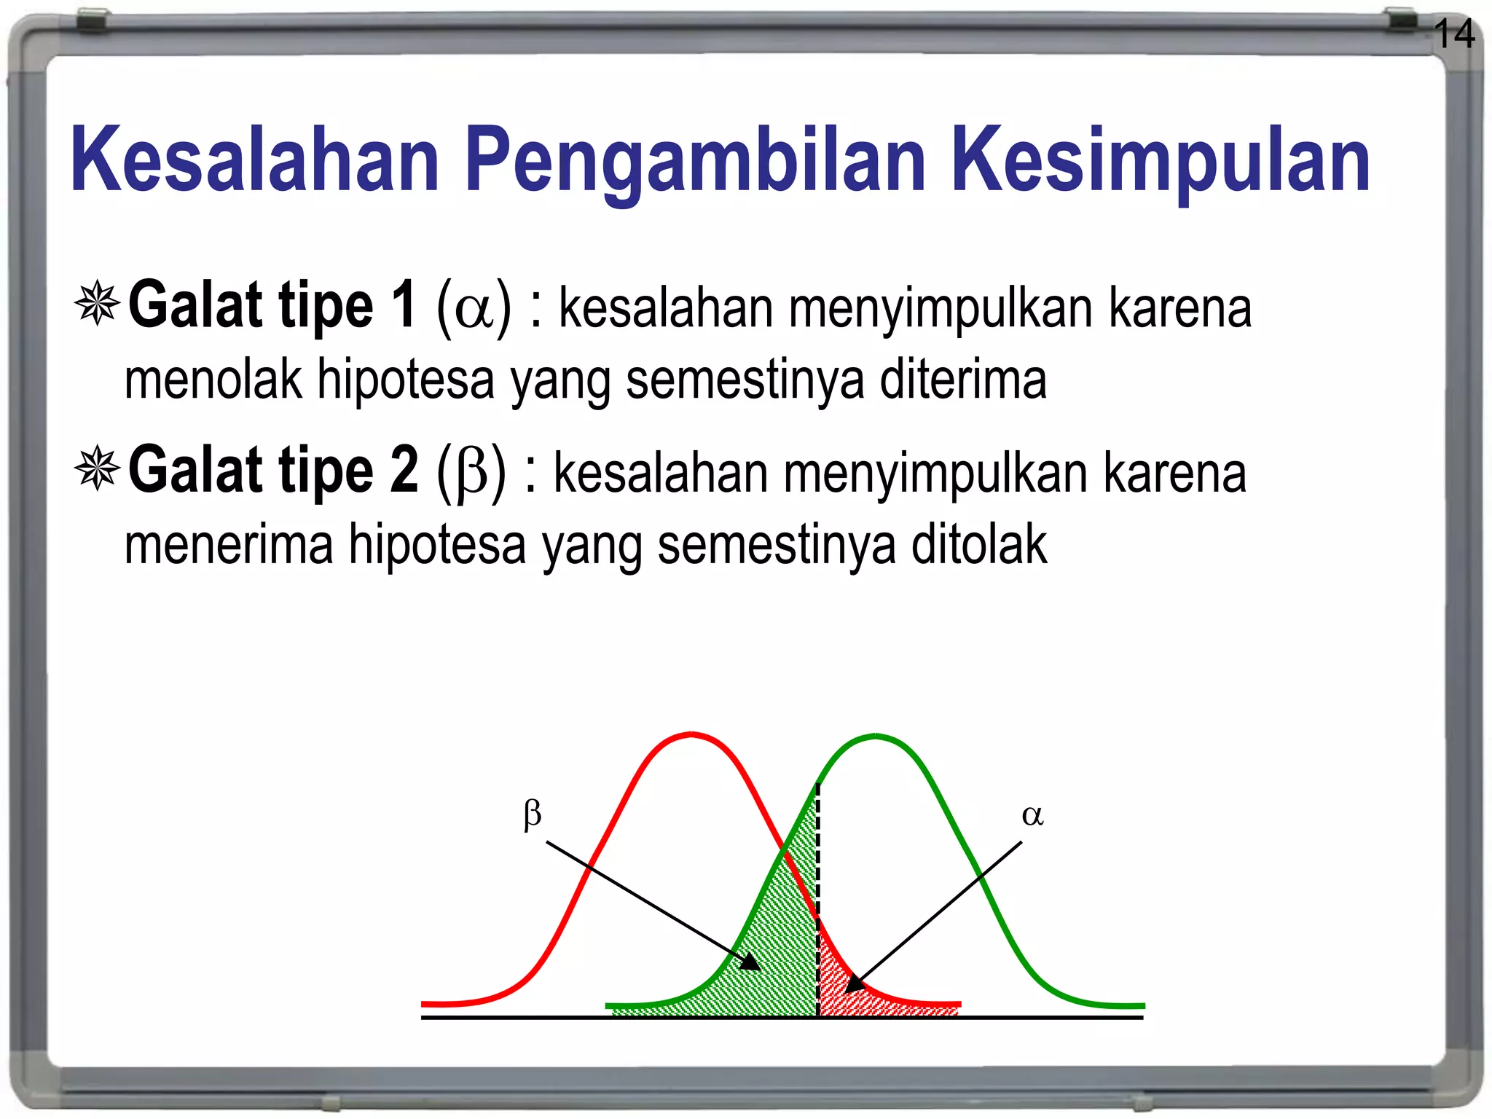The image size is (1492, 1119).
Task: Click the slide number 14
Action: (1454, 34)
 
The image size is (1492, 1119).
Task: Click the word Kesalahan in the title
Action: (255, 160)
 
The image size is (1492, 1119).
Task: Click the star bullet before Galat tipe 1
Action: (97, 304)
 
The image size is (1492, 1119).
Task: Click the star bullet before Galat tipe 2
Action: (97, 468)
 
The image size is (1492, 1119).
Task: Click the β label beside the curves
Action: (533, 814)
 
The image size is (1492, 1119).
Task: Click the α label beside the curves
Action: (1032, 815)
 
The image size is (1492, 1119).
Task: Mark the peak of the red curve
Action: (691, 734)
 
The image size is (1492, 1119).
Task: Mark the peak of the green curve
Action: (876, 737)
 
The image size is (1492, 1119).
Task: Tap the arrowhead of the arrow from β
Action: (752, 963)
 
